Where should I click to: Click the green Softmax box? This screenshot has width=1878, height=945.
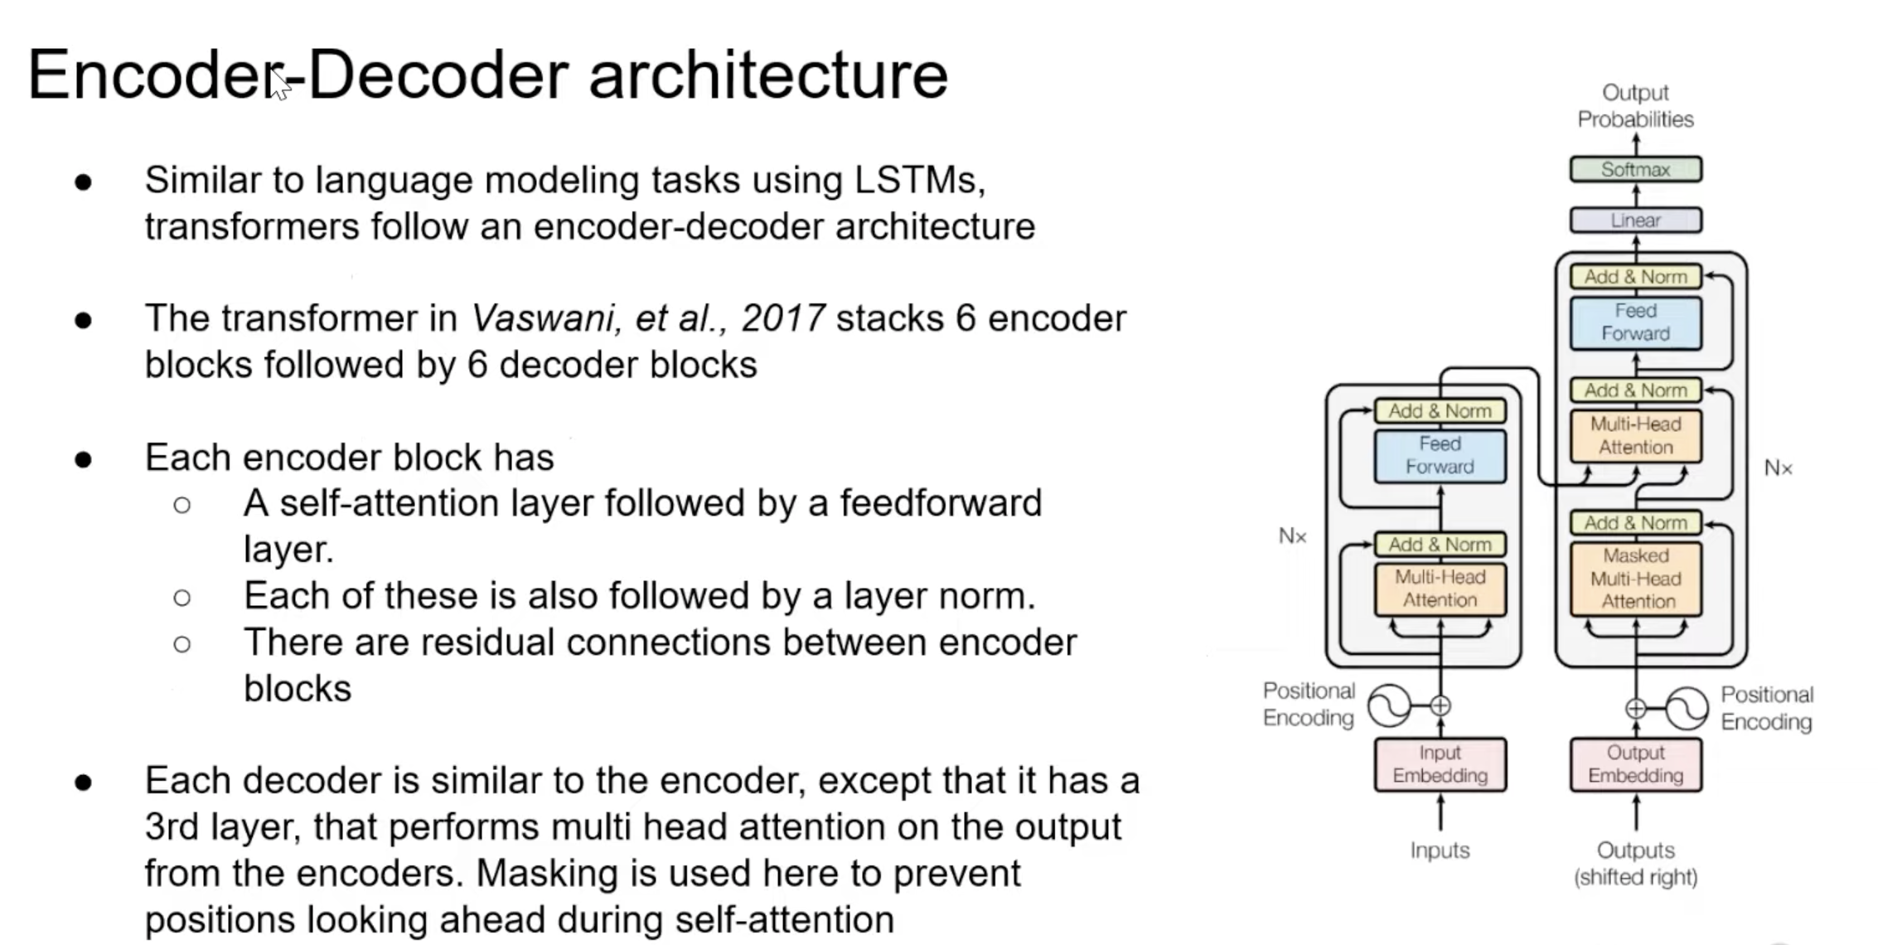click(1635, 170)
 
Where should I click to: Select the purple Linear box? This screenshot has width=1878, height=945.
click(1635, 220)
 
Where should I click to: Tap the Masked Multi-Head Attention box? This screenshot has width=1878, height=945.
click(1635, 579)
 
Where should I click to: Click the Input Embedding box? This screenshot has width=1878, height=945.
click(1440, 764)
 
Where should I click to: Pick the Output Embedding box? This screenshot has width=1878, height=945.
click(1635, 764)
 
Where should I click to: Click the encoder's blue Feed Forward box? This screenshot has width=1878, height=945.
click(1440, 455)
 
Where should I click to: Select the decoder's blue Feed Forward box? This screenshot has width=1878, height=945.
click(1635, 322)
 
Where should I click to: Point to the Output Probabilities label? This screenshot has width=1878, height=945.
click(1635, 106)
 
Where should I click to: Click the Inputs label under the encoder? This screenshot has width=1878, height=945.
click(1440, 850)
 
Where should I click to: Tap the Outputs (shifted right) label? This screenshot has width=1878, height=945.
click(1635, 864)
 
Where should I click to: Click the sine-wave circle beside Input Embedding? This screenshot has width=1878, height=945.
click(1389, 706)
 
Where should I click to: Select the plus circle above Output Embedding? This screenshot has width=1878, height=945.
click(1635, 709)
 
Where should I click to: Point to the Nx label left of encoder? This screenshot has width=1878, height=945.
click(1292, 536)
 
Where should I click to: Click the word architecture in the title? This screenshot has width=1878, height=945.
click(767, 75)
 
